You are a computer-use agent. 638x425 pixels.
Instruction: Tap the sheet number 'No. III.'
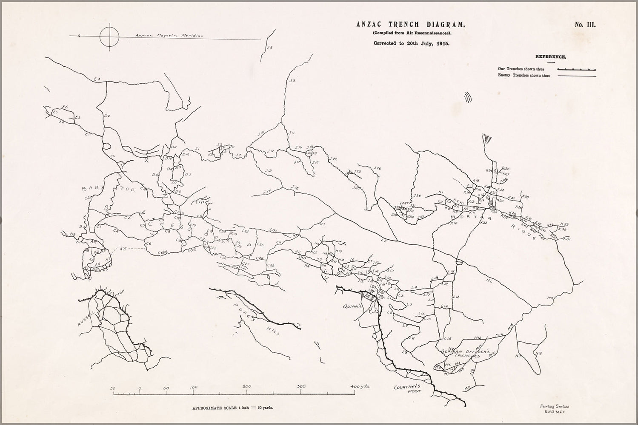click(x=585, y=25)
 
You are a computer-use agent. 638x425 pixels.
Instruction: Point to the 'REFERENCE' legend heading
click(x=550, y=57)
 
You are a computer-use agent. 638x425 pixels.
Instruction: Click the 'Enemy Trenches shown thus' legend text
click(x=524, y=76)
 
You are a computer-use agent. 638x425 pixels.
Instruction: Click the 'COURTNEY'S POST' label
click(x=407, y=389)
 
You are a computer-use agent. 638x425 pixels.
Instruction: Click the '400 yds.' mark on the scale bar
click(x=360, y=386)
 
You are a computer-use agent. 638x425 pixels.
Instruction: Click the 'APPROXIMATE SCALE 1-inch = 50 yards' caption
click(x=232, y=408)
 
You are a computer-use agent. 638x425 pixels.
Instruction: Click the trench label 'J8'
click(x=269, y=48)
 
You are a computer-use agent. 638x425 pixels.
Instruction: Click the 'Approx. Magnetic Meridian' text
click(x=169, y=36)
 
